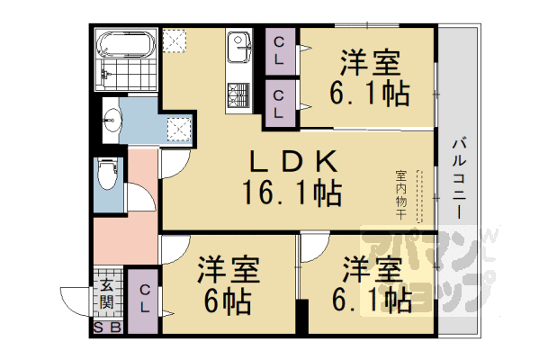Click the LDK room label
click(293, 162)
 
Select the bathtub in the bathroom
click(127, 44)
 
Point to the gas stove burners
click(240, 94)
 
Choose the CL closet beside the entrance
click(144, 298)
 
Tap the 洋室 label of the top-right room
click(369, 63)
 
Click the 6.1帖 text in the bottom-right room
click(371, 299)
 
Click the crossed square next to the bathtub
click(174, 42)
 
